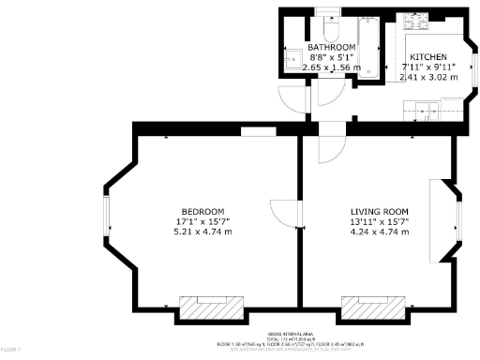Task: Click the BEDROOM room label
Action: [x=203, y=210]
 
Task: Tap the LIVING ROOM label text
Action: [x=380, y=210]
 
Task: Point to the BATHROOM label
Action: [x=333, y=47]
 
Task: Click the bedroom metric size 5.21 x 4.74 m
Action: [x=203, y=232]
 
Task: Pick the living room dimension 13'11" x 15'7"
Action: [x=380, y=221]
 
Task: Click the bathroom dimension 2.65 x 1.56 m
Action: [x=333, y=67]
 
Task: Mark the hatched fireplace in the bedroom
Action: [x=211, y=307]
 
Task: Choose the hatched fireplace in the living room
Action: [x=373, y=307]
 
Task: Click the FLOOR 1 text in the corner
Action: [x=10, y=350]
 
